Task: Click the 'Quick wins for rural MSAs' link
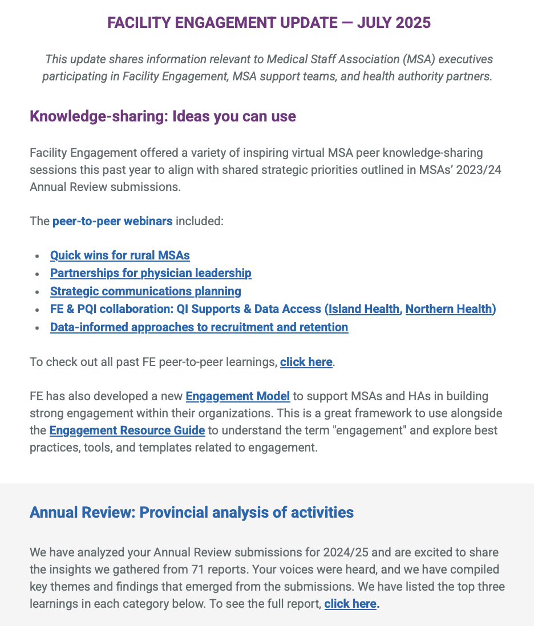click(x=120, y=255)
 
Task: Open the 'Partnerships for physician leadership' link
click(x=151, y=273)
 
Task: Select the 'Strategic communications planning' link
click(x=145, y=291)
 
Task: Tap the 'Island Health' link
click(x=363, y=309)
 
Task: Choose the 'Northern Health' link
click(x=449, y=309)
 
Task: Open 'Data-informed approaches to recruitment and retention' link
click(x=199, y=327)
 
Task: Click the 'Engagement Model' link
click(x=238, y=396)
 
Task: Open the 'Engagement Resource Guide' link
click(x=127, y=430)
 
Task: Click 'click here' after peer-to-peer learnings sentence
click(x=306, y=362)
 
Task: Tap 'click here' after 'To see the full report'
click(x=350, y=604)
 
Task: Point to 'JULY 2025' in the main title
click(x=395, y=23)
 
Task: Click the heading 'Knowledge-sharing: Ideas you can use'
click(x=163, y=117)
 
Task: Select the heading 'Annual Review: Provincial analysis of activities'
click(x=192, y=513)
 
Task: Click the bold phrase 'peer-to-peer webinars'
click(x=112, y=221)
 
